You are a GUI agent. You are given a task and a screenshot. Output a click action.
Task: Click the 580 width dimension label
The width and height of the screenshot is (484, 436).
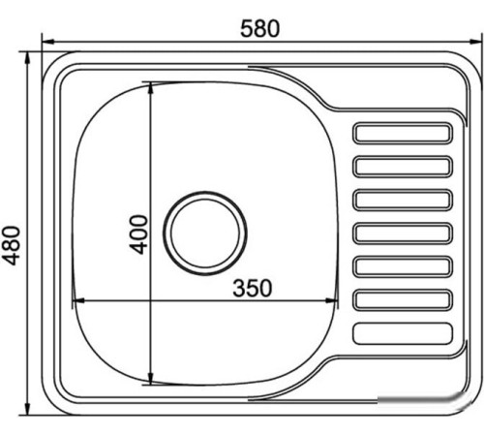tap(260, 28)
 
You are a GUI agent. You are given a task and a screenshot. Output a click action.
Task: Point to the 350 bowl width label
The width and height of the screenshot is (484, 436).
tap(251, 287)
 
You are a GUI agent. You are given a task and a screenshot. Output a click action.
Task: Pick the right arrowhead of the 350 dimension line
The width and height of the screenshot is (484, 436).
tap(334, 299)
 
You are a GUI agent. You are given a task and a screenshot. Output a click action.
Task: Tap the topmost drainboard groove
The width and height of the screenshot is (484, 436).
tap(404, 132)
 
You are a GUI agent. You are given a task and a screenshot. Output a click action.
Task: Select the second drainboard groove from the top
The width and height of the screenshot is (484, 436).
tap(404, 166)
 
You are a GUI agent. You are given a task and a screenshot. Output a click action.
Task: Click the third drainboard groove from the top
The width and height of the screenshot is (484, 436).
tap(404, 200)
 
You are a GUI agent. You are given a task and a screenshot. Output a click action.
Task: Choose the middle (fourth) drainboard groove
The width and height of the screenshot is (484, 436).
tap(404, 234)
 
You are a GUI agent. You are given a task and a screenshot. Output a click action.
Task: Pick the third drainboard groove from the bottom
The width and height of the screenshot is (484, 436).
tap(404, 266)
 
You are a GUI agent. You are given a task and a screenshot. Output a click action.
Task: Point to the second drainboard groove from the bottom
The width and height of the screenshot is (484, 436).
tap(404, 300)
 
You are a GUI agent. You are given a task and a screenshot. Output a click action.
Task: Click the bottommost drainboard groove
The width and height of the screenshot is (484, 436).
tap(404, 334)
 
